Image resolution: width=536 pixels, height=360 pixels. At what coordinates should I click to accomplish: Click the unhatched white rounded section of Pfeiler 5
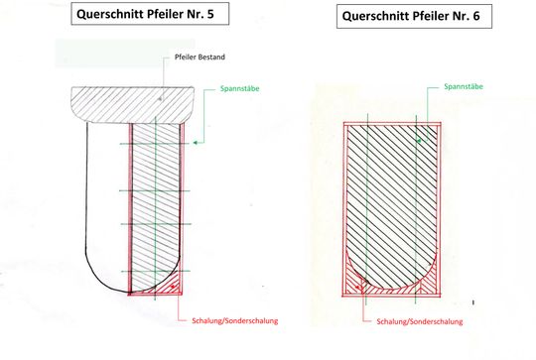pyautogui.click(x=103, y=198)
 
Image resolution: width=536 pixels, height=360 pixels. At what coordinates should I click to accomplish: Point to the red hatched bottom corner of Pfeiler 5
pyautogui.click(x=170, y=287)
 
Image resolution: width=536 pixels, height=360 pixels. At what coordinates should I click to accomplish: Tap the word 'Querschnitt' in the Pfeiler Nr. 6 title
pyautogui.click(x=378, y=18)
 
